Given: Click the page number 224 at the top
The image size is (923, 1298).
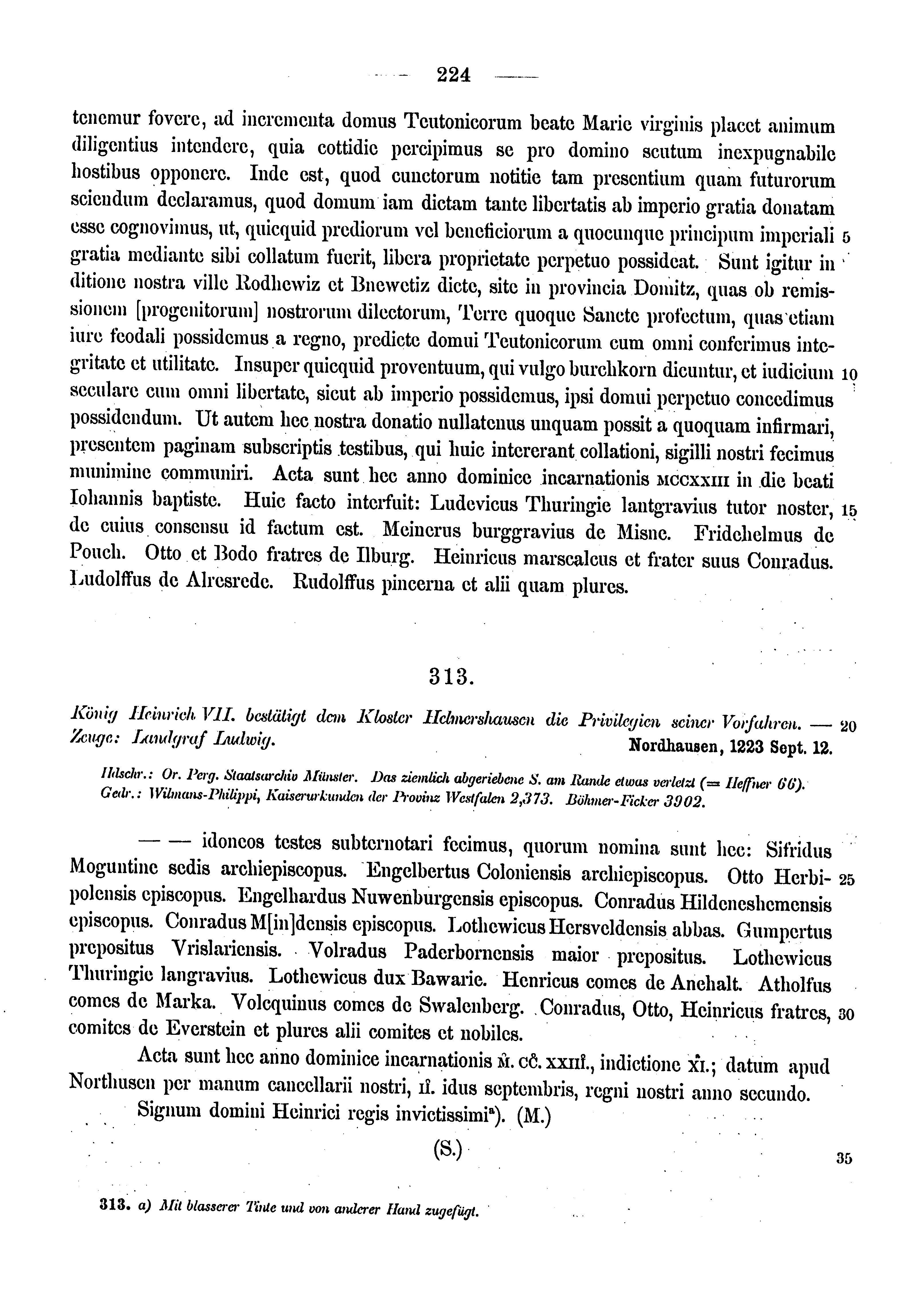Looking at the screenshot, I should point(454,75).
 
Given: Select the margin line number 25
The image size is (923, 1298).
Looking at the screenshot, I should point(847,880).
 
